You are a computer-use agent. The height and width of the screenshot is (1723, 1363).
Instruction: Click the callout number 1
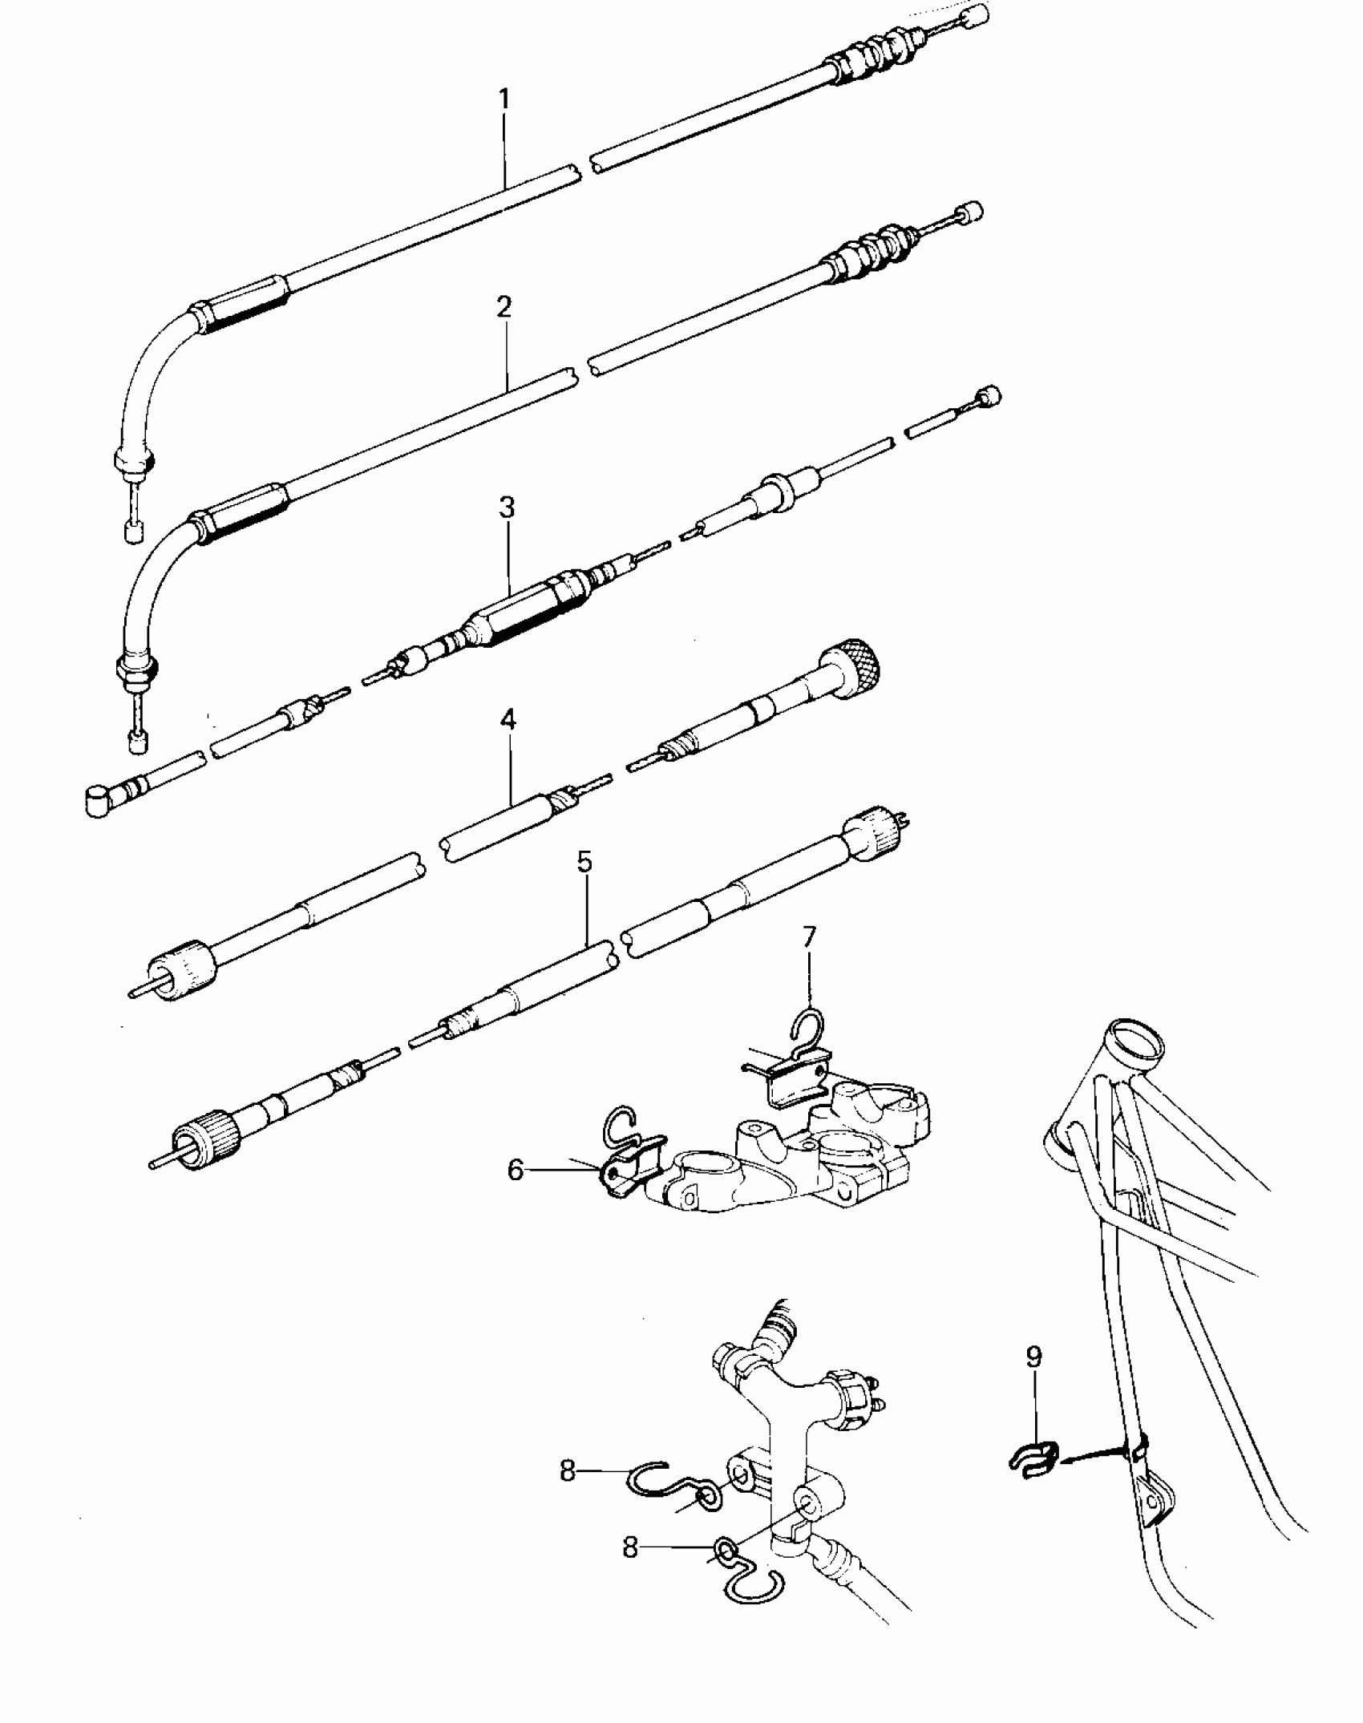point(504,99)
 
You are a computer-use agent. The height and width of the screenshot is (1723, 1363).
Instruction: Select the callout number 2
point(504,306)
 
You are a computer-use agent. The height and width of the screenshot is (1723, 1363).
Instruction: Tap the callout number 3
point(507,508)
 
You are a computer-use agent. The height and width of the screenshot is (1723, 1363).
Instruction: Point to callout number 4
point(508,719)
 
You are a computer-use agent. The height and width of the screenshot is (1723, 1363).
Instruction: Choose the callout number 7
point(809,936)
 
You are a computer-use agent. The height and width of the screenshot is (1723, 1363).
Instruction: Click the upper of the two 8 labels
point(568,1471)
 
